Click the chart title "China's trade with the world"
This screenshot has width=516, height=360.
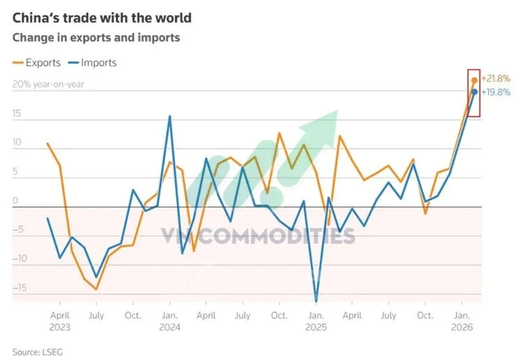102,17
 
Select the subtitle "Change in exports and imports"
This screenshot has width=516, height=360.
96,37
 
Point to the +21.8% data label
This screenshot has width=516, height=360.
496,79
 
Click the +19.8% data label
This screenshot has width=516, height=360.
496,92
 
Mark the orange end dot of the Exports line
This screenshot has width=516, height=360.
474,80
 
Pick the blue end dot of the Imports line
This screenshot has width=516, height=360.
474,92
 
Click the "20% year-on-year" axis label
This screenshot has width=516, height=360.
48,84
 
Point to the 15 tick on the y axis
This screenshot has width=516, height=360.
17,114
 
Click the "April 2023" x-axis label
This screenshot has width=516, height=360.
60,321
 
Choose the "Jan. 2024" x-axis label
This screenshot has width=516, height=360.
170,321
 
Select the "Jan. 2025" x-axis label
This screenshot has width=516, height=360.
316,321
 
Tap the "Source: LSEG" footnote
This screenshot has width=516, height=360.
37,352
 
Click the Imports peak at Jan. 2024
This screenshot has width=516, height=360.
170,117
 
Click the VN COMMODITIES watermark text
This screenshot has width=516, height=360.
258,235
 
